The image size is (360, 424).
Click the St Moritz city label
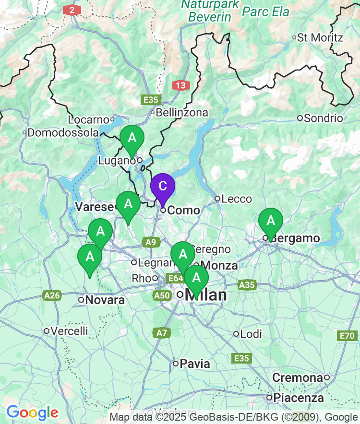click(320, 37)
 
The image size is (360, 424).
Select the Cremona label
click(298, 378)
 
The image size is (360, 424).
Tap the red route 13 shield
click(180, 85)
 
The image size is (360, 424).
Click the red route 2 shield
click(72, 10)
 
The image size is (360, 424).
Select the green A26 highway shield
click(51, 295)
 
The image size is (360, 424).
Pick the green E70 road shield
click(348, 335)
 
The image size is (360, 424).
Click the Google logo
click(32, 412)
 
